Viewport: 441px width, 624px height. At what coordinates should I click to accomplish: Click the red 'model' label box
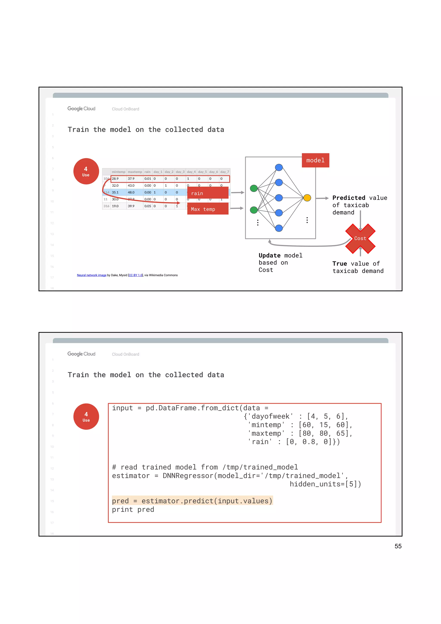click(315, 160)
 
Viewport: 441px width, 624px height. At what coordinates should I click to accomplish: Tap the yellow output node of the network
click(307, 198)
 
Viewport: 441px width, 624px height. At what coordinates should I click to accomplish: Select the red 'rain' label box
click(208, 193)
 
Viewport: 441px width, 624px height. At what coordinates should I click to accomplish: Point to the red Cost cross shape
click(360, 238)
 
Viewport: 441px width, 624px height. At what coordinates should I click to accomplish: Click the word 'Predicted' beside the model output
click(349, 198)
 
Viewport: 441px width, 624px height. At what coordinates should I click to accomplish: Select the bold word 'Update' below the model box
click(269, 255)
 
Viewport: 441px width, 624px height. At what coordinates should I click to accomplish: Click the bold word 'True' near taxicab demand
click(339, 264)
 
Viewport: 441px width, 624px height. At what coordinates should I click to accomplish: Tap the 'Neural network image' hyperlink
click(92, 275)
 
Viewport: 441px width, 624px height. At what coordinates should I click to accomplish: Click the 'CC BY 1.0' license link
click(135, 275)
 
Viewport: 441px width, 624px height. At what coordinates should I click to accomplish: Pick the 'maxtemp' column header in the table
click(135, 172)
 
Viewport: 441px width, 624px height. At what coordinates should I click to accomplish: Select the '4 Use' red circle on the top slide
click(86, 171)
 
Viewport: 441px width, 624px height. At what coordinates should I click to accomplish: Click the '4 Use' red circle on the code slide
click(86, 416)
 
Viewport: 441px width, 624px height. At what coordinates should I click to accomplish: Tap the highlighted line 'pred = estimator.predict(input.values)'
click(192, 501)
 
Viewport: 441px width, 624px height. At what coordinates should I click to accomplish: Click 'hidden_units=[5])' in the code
click(325, 484)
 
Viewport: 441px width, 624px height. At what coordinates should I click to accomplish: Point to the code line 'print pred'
click(133, 510)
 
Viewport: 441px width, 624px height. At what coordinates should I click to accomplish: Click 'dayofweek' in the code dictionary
click(270, 416)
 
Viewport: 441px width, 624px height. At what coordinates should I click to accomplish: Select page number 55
click(398, 546)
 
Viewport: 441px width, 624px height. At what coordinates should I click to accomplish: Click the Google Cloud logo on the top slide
click(81, 109)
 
